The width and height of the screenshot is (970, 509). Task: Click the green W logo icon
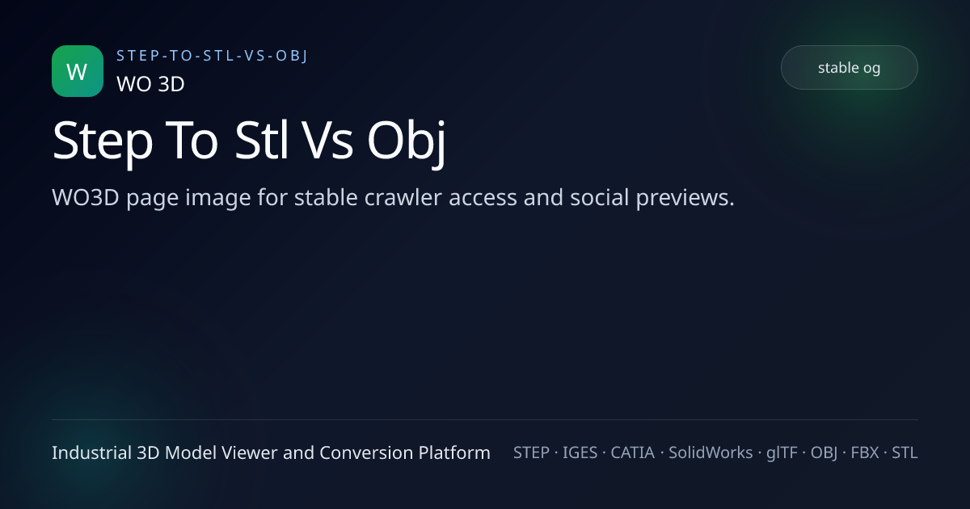click(x=78, y=71)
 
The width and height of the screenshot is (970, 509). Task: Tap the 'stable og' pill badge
click(x=850, y=68)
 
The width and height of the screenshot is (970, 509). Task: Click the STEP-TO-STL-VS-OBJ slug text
click(x=212, y=56)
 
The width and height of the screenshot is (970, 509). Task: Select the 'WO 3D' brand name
click(x=150, y=84)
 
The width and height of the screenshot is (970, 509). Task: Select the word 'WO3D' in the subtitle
click(x=86, y=197)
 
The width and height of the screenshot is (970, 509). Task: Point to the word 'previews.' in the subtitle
click(x=685, y=198)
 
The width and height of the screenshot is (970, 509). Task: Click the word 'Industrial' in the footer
click(x=91, y=452)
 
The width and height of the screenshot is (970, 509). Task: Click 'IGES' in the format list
click(x=580, y=452)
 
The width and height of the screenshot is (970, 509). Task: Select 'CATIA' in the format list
click(x=633, y=452)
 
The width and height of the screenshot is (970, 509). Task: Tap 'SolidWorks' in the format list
click(x=711, y=452)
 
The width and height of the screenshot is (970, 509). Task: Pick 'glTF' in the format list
click(x=782, y=453)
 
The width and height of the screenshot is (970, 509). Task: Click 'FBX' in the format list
click(x=865, y=452)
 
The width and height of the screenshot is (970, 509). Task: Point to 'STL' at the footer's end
click(x=905, y=452)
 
